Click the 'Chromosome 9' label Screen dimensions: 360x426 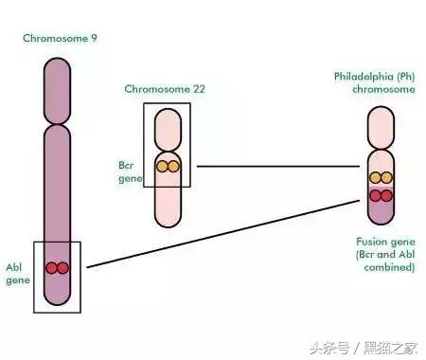62,38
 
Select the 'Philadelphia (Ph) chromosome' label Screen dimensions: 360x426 374,81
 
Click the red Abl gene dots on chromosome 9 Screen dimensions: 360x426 58,268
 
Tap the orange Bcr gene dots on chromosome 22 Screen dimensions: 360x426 168,167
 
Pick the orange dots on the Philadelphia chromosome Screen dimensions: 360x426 382,177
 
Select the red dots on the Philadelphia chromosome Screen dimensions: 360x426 382,196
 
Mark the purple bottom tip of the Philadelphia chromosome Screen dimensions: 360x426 382,214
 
